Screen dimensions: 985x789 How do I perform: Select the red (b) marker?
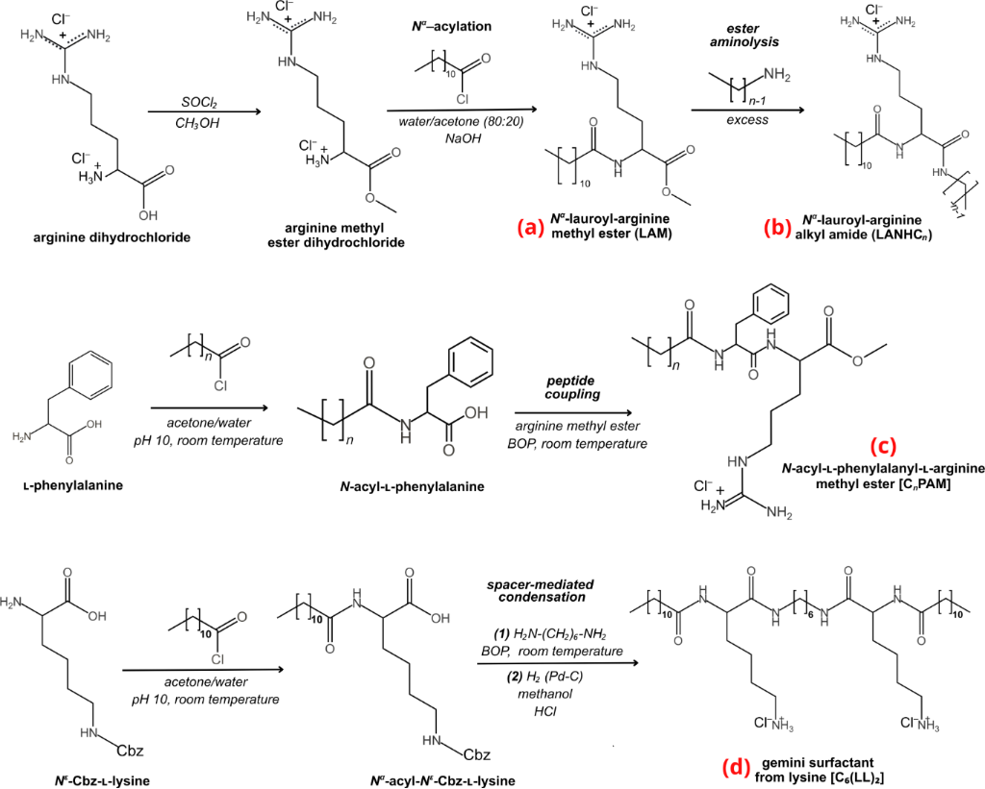776,228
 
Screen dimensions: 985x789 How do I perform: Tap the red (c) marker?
883,446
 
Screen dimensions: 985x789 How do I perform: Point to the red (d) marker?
734,769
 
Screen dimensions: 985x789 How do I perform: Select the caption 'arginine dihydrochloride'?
112,237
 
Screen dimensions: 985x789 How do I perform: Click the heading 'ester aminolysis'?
745,36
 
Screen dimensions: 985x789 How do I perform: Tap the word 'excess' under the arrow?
747,119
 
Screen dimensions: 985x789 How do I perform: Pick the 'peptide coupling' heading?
573,388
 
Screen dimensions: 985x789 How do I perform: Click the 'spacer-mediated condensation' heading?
541,591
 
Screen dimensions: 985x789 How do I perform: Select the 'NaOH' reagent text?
463,138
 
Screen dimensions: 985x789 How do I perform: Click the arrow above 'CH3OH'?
204,111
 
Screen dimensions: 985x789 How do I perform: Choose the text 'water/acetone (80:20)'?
461,122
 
